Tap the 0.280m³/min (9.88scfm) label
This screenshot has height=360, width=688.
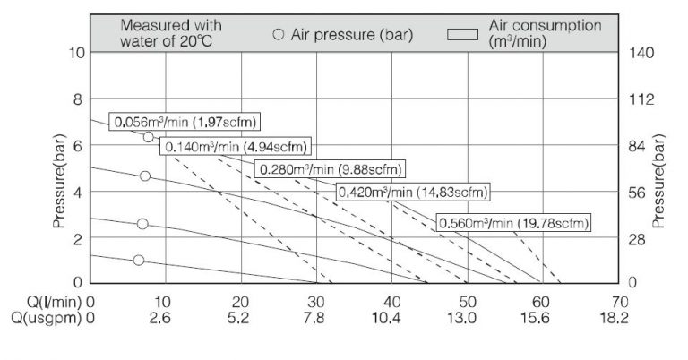coord(330,169)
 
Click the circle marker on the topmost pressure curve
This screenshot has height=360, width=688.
coord(149,137)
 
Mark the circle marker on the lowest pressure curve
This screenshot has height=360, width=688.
coord(139,261)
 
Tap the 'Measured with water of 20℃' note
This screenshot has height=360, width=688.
coord(171,33)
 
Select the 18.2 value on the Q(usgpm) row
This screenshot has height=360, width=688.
coord(617,317)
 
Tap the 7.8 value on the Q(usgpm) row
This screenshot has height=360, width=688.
coord(315,317)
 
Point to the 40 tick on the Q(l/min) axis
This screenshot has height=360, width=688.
coord(391,301)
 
